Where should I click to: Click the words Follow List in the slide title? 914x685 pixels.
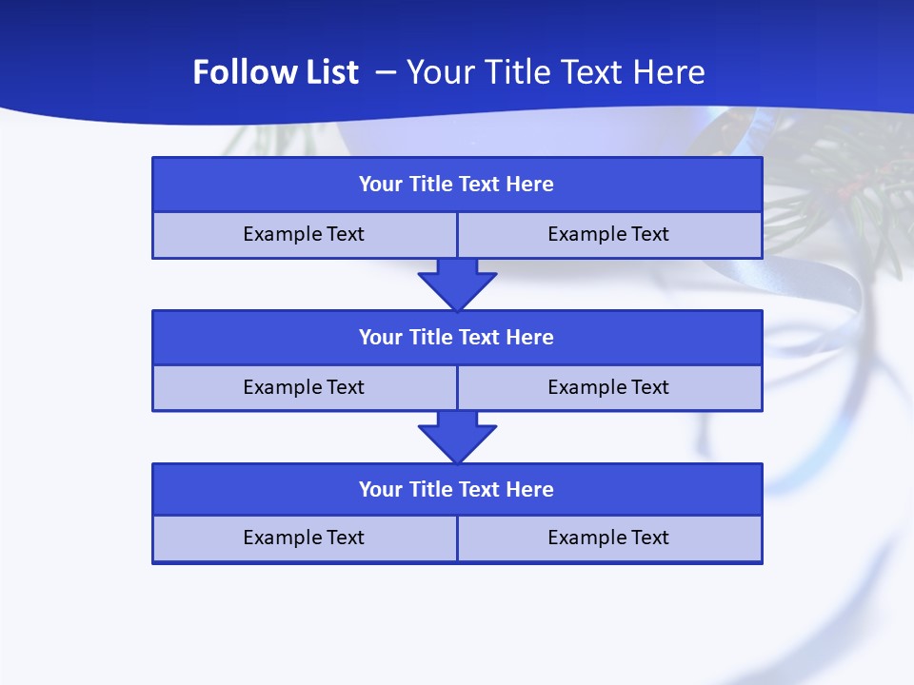tap(275, 72)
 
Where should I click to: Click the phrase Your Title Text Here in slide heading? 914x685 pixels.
tap(556, 72)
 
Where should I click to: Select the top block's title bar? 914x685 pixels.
tap(457, 184)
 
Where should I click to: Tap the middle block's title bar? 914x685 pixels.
tap(457, 337)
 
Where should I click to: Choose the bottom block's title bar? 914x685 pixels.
tap(457, 489)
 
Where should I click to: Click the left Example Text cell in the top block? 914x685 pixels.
tap(304, 234)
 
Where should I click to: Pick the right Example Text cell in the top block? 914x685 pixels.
tap(609, 234)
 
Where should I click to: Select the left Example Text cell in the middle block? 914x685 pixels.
tap(304, 387)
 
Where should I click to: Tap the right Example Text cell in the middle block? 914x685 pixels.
tap(609, 387)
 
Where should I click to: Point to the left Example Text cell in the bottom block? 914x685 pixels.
tap(304, 538)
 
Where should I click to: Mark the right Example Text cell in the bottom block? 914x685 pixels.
tap(609, 538)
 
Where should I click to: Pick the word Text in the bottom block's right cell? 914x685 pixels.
tap(650, 538)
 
